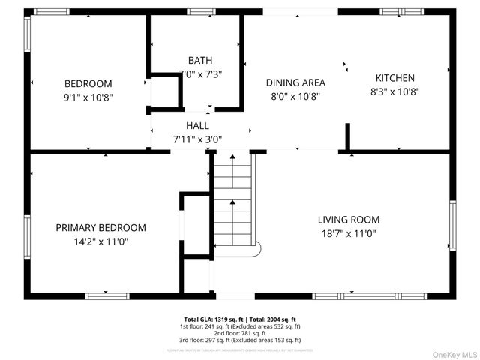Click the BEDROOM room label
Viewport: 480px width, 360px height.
point(88,83)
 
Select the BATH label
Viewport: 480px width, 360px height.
point(199,60)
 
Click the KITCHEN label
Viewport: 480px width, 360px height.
point(394,78)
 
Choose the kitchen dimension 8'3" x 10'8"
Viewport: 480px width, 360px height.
point(394,91)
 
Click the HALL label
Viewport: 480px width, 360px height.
point(197,125)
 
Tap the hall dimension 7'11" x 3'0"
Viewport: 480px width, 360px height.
point(197,138)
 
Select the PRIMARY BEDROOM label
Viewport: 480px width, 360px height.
point(100,227)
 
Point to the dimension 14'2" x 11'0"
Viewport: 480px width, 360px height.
point(100,241)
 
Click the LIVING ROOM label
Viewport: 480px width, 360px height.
point(348,220)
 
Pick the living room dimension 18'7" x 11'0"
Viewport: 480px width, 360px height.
point(348,233)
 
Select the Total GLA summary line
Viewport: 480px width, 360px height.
point(240,319)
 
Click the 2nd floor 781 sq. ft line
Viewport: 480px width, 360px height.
point(240,334)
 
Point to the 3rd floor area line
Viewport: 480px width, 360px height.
point(240,341)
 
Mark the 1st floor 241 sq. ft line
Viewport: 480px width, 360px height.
point(240,326)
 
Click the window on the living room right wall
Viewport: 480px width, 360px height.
point(452,225)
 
